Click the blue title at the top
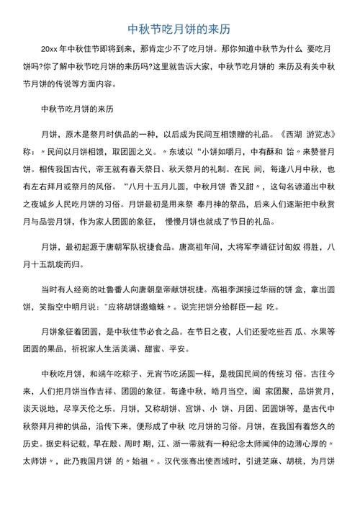pyautogui.click(x=179, y=30)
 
